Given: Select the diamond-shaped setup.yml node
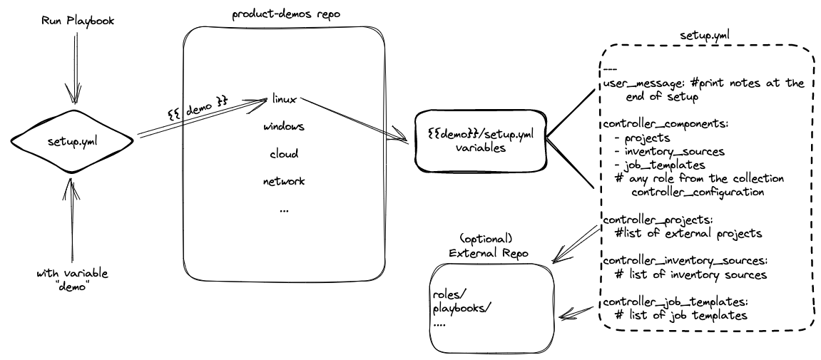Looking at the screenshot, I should [x=73, y=141].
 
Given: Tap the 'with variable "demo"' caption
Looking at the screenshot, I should [x=72, y=279].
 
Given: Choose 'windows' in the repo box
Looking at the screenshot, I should [x=284, y=126].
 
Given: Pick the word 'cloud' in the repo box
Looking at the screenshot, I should [x=283, y=153].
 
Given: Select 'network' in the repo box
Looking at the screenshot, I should [x=284, y=181].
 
